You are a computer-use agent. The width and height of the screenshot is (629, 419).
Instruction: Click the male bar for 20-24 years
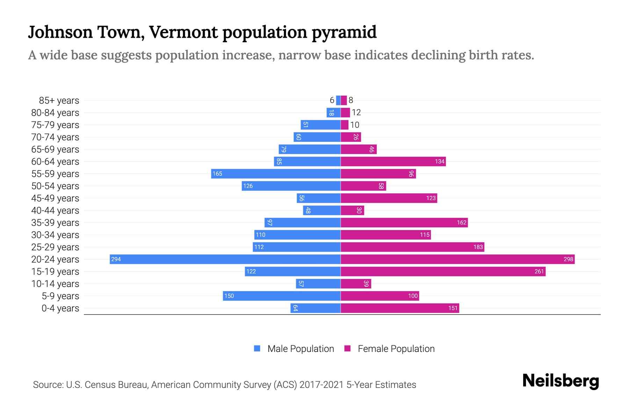(x=225, y=259)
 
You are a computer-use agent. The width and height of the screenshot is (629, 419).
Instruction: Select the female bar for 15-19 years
(x=443, y=271)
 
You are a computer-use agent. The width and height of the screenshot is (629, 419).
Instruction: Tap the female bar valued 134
(x=393, y=161)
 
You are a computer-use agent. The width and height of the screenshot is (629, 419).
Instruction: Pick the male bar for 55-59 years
(x=276, y=174)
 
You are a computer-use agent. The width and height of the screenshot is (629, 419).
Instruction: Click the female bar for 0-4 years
(x=400, y=308)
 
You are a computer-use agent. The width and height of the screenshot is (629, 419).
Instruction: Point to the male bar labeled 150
(x=282, y=296)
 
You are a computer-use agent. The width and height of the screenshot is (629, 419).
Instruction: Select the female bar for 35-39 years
(x=404, y=222)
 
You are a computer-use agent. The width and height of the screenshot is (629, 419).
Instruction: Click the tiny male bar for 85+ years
(x=338, y=100)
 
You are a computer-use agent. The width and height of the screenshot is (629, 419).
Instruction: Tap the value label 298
(x=568, y=259)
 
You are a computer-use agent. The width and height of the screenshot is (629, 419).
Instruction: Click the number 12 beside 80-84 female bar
(x=356, y=112)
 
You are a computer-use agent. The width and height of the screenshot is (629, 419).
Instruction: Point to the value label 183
(x=478, y=247)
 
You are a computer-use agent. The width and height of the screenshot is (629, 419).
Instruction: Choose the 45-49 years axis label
(x=55, y=198)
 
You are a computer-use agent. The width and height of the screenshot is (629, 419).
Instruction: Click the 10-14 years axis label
(x=55, y=284)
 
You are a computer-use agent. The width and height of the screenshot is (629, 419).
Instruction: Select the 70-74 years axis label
(x=55, y=137)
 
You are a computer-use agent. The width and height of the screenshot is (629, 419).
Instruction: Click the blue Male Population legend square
(x=257, y=348)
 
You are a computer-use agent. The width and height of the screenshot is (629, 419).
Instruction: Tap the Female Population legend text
(x=396, y=349)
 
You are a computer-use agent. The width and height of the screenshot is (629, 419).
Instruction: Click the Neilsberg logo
(x=561, y=381)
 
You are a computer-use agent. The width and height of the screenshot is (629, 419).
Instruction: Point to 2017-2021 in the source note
(x=321, y=385)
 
